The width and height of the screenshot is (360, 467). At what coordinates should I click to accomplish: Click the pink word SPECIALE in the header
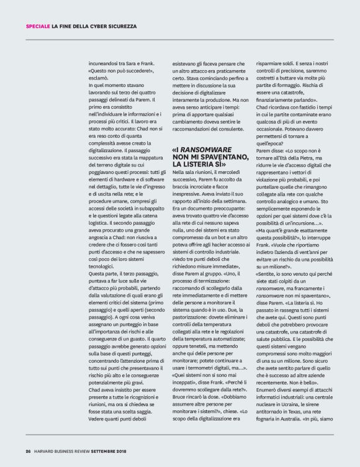[37, 25]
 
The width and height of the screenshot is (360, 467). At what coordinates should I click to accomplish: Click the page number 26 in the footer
[28, 451]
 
